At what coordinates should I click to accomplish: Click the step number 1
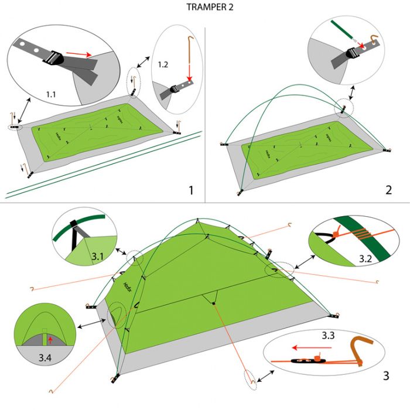coord(190,190)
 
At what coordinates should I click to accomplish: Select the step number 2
coord(388,190)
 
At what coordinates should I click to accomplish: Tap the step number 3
coord(387,375)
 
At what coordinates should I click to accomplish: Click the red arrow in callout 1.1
coord(78,54)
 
